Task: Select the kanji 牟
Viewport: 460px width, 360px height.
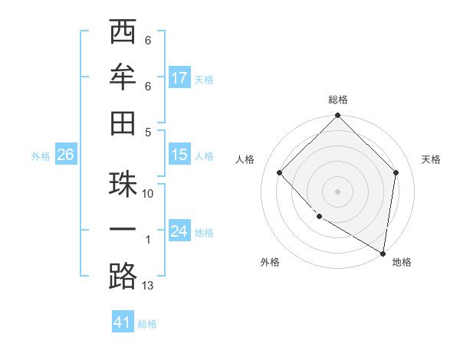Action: click(x=123, y=77)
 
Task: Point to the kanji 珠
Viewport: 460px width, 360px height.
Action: click(x=123, y=185)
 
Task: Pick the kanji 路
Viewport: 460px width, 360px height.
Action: click(x=123, y=276)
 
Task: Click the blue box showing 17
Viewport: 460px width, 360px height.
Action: click(x=179, y=78)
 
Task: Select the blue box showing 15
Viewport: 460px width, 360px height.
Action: click(x=179, y=155)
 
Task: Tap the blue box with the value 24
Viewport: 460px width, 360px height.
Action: click(x=179, y=231)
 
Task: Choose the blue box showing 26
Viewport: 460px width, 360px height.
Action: click(x=65, y=155)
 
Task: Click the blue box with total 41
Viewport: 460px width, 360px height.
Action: click(x=123, y=322)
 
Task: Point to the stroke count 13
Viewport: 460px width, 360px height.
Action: click(x=148, y=286)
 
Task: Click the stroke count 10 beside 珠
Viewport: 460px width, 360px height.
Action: click(x=148, y=194)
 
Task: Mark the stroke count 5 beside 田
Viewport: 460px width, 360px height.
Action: click(x=148, y=132)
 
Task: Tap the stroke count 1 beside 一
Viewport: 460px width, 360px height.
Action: click(x=148, y=240)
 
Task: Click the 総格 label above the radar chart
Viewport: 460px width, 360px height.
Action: click(x=338, y=100)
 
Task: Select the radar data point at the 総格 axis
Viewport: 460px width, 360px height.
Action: click(x=337, y=117)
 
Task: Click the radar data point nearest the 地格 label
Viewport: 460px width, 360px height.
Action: click(x=383, y=252)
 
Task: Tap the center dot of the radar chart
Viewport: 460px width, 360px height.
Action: click(x=337, y=191)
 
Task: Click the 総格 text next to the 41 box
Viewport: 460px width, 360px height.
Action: click(x=148, y=324)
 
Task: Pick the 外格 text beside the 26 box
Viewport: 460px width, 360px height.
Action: click(x=41, y=156)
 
